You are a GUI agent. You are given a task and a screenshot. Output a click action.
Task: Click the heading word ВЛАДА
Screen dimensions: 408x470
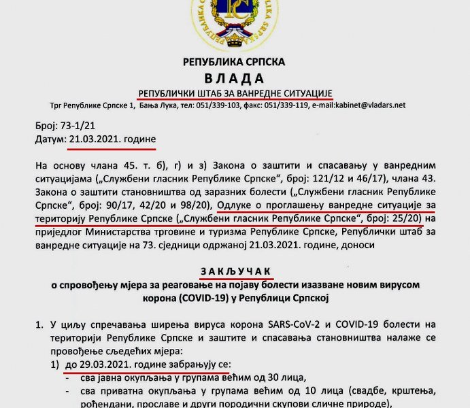234,78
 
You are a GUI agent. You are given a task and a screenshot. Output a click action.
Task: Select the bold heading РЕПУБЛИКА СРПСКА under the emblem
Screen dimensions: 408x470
234,62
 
